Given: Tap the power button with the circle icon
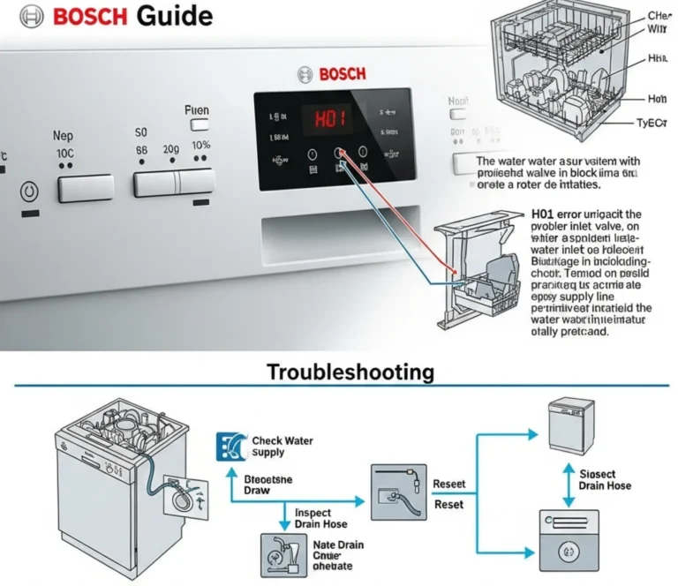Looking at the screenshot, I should (x=28, y=190).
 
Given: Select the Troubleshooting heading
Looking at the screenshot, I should (x=350, y=372).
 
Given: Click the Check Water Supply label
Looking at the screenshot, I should (x=282, y=446).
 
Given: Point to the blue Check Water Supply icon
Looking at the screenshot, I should (x=228, y=447).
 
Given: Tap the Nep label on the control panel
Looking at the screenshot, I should (x=63, y=137).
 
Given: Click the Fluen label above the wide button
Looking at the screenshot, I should (x=196, y=110).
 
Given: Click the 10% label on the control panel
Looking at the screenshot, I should (x=200, y=146).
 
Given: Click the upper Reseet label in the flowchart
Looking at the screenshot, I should (x=448, y=485).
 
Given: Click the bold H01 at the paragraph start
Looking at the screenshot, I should (x=547, y=214).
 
